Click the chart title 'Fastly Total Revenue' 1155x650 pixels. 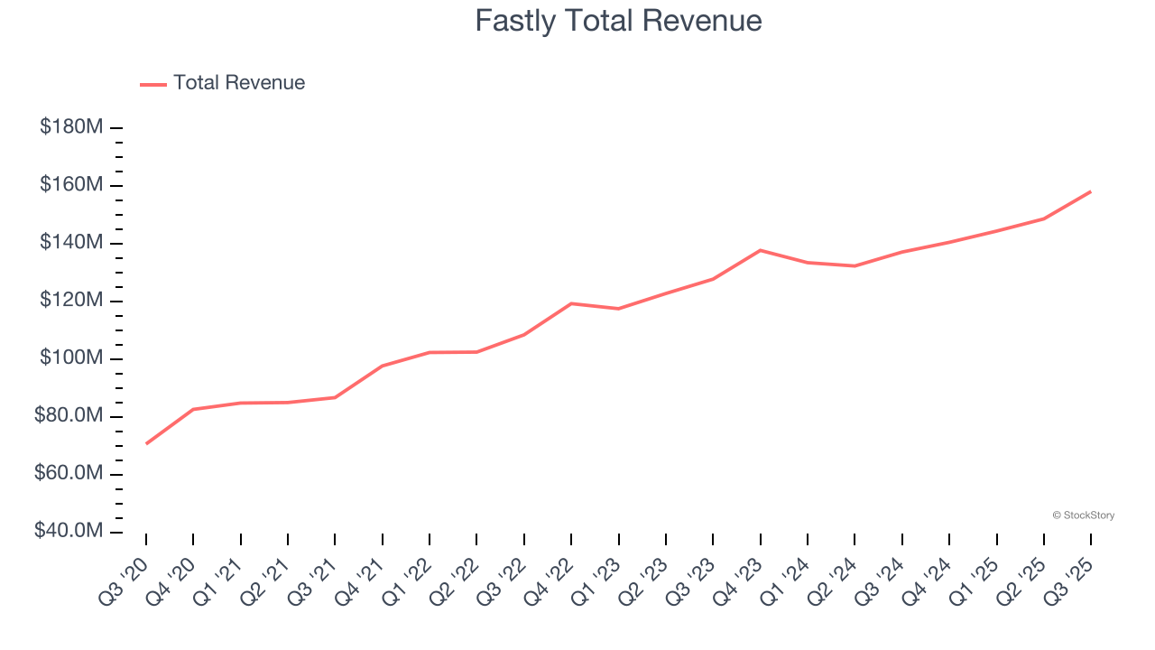(x=618, y=20)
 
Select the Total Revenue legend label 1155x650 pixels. (x=239, y=83)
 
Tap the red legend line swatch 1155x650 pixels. (x=153, y=84)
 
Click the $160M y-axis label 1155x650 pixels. (x=71, y=185)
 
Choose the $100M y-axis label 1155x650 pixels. (x=71, y=358)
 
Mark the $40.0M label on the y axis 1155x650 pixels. (x=69, y=531)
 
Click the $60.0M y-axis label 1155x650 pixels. (x=69, y=474)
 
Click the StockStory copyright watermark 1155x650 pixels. (x=1083, y=515)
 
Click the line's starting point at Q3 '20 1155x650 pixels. (x=146, y=443)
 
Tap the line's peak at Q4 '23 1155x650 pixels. (x=760, y=250)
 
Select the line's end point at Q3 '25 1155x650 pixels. (x=1090, y=191)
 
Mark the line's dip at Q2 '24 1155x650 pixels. (x=855, y=265)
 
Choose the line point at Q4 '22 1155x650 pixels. (x=571, y=303)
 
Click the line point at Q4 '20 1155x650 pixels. (x=193, y=409)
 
